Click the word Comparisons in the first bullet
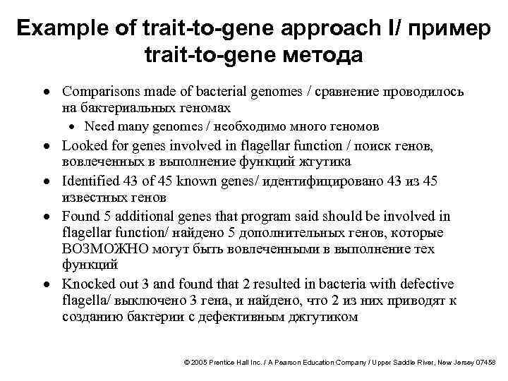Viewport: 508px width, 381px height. click(x=99, y=92)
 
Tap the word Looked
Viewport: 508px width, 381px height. click(x=83, y=147)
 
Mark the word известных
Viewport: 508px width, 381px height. click(x=90, y=198)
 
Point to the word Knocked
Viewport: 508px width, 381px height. click(x=89, y=284)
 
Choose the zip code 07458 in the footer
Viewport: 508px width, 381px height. click(x=484, y=361)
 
